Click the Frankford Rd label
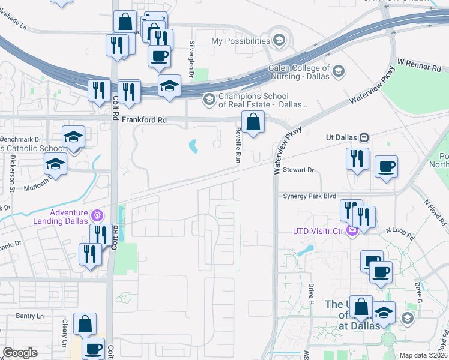tap(144, 120)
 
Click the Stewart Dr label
tap(298, 170)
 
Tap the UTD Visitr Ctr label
tap(318, 231)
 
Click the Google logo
tap(20, 352)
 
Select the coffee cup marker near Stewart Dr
tap(386, 166)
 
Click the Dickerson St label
tap(12, 174)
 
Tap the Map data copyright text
tap(423, 355)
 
